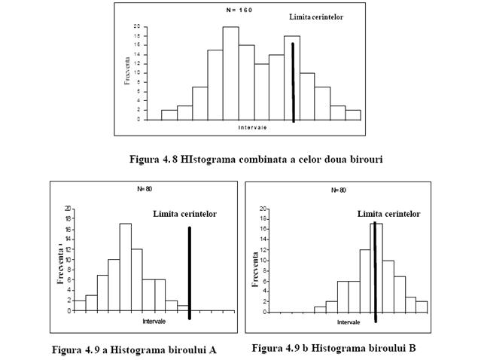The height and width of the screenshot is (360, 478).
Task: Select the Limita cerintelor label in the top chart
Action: point(316,17)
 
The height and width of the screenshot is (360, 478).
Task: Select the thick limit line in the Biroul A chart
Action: point(189,271)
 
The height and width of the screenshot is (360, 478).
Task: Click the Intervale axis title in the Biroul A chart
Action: point(154,322)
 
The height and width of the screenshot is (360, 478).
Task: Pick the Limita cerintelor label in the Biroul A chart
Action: point(184,215)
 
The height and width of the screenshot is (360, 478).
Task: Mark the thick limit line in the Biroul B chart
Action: point(375,271)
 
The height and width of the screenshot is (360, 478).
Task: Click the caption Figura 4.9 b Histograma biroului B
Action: point(333,348)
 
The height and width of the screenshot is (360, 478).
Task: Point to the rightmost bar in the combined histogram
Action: point(353,114)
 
